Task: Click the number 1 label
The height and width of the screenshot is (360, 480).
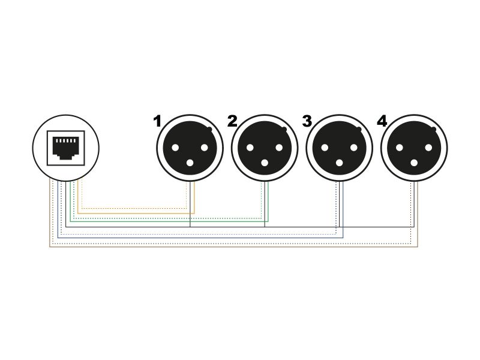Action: click(x=157, y=121)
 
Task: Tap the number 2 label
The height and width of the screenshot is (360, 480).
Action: click(x=232, y=121)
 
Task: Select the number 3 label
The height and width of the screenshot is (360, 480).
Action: click(x=307, y=121)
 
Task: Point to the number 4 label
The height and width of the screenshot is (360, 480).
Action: click(x=382, y=121)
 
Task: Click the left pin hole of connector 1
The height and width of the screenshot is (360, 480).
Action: click(x=176, y=148)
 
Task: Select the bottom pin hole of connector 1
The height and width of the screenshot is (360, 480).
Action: click(x=190, y=162)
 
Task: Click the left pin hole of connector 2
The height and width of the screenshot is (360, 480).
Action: click(x=251, y=148)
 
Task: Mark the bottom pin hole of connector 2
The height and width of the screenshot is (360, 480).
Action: click(x=265, y=162)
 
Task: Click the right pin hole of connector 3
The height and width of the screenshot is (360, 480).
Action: click(x=353, y=148)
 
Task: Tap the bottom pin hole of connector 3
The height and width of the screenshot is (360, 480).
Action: click(x=340, y=162)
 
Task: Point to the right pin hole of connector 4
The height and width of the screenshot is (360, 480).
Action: click(x=428, y=148)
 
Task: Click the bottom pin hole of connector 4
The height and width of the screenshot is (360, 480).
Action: click(x=415, y=162)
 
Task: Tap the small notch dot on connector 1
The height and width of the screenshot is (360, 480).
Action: click(x=209, y=129)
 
